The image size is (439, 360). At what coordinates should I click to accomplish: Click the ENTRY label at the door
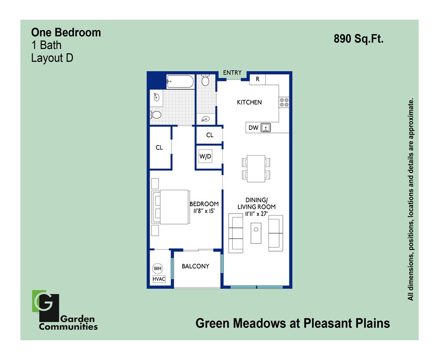[x=232, y=73]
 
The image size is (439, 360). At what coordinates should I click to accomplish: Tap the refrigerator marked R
[x=258, y=79]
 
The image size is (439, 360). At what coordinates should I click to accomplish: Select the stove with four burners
[x=284, y=102]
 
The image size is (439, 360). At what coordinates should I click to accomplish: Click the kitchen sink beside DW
[x=266, y=128]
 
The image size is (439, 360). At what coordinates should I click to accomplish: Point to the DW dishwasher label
[x=253, y=128]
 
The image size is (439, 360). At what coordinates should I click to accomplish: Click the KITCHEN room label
[x=249, y=102]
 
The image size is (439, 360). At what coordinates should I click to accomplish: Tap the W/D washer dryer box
[x=205, y=157]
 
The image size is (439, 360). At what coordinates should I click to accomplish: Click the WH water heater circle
[x=158, y=268]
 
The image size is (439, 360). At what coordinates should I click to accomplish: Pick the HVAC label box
[x=159, y=279]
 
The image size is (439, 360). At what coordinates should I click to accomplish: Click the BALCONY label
[x=195, y=266]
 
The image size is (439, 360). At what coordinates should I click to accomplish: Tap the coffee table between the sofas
[x=256, y=233]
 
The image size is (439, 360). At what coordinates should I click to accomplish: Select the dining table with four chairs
[x=256, y=168]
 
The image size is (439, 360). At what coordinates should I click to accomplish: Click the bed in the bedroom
[x=171, y=207]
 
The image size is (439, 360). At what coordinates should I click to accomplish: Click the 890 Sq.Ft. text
[x=358, y=39]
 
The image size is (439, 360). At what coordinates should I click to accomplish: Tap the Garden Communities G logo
[x=45, y=306]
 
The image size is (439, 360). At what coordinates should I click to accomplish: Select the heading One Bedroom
[x=66, y=33]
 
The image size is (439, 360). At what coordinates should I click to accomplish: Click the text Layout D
[x=52, y=58]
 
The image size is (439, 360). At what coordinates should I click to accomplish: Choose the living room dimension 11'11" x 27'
[x=256, y=214]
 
